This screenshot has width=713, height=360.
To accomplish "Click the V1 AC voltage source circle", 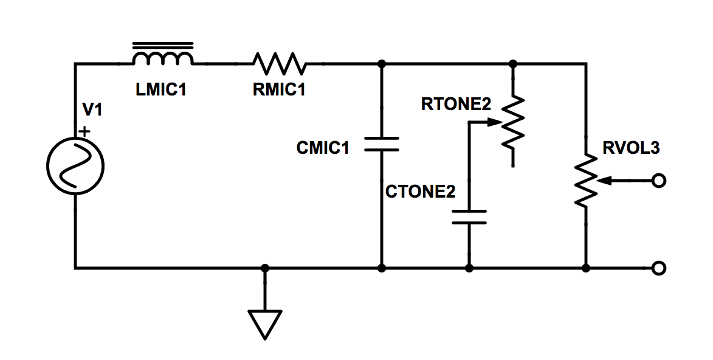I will point(75,166).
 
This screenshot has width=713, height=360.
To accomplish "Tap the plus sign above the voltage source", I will point(84,131).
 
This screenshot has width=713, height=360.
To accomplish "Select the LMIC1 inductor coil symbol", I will point(163,57).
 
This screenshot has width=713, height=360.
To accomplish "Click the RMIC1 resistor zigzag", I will point(280,63).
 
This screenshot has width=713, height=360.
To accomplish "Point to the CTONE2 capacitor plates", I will point(469,217).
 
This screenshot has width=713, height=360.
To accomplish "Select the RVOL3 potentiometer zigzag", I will point(586,181).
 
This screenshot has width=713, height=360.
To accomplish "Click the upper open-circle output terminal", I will point(657,181).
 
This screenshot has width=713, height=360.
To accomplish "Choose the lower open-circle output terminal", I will point(657,268).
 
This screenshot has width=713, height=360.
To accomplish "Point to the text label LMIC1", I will point(161,90).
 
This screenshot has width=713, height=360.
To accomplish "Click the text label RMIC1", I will point(279,90).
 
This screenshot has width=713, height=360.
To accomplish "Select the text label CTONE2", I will point(420,192).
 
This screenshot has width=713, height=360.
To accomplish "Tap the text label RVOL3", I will point(630,148).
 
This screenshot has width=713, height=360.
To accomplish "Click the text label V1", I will point(93,111).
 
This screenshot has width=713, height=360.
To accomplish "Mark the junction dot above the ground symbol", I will point(265,268).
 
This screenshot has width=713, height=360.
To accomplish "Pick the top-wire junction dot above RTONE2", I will point(513,63).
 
